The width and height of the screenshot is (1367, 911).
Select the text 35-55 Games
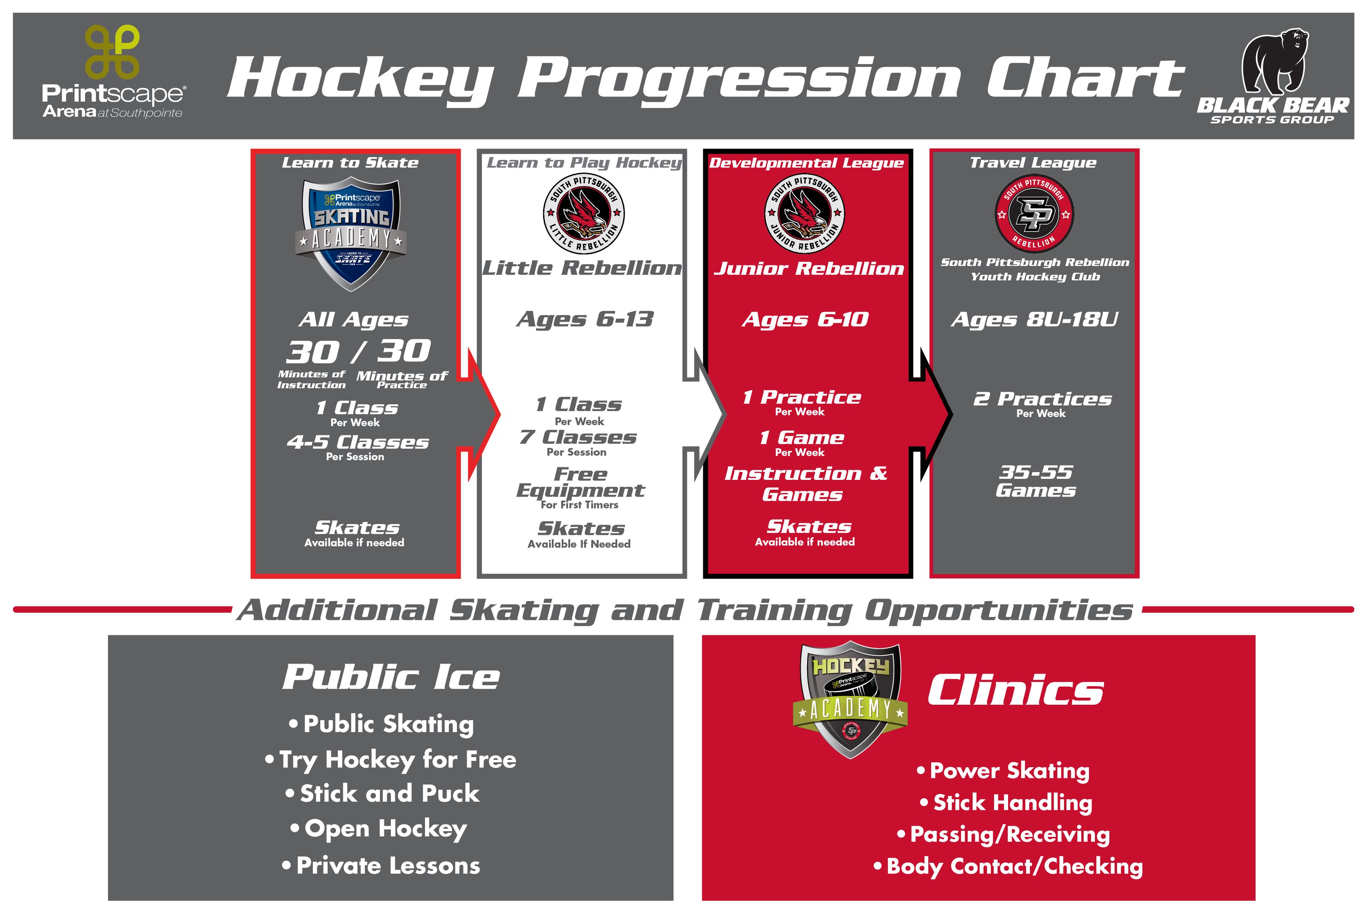point(1035,481)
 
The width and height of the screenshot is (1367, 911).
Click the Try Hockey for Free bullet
point(390,759)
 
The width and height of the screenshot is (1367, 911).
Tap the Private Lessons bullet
point(381,866)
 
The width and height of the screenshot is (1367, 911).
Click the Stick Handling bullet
point(1006,802)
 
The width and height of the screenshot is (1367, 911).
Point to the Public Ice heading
point(390,677)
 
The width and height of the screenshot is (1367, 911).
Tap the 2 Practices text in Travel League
point(1042,399)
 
